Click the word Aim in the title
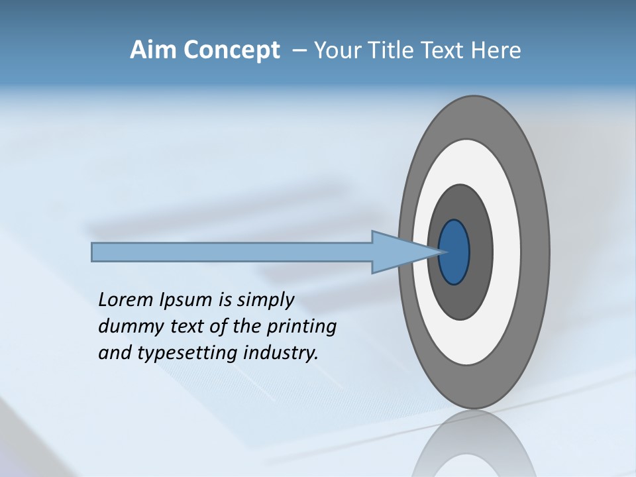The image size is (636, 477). pyautogui.click(x=153, y=50)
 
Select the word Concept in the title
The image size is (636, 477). pyautogui.click(x=231, y=50)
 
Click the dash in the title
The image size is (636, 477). pyautogui.click(x=299, y=50)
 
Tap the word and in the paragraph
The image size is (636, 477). pyautogui.click(x=115, y=353)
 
